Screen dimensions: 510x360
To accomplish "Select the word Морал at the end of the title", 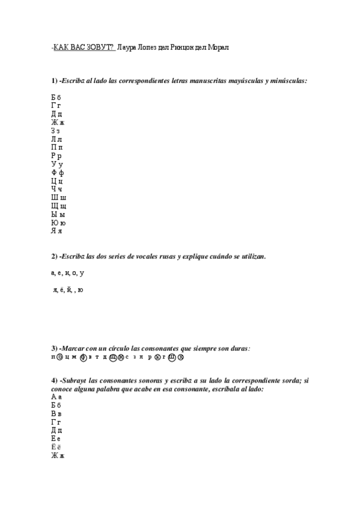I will [x=218, y=46].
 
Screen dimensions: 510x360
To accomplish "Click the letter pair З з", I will [x=55, y=131].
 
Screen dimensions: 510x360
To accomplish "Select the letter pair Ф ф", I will [x=57, y=173].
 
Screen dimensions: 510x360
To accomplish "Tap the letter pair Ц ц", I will [x=57, y=181].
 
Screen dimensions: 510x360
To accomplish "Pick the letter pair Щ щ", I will [x=58, y=206].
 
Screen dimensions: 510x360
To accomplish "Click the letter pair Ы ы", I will [x=57, y=215].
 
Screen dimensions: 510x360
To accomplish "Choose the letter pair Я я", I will [x=56, y=232].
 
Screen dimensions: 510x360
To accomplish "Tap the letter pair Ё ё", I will [x=56, y=447].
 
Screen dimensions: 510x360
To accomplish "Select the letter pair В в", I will [x=56, y=414].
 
